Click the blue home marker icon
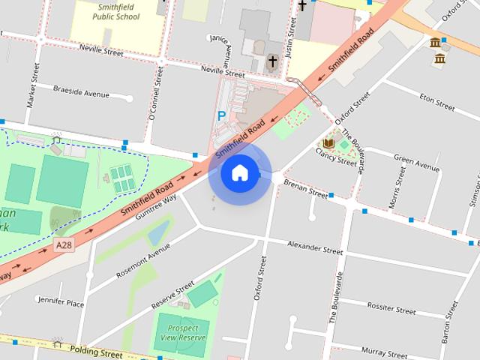coord(240,174)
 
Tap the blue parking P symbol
coord(220,116)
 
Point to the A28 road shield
coord(64,245)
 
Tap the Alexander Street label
coord(315,247)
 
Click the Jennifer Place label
coord(60,303)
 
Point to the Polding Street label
coord(96,350)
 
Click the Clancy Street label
coord(336,156)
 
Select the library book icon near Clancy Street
coord(328,142)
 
